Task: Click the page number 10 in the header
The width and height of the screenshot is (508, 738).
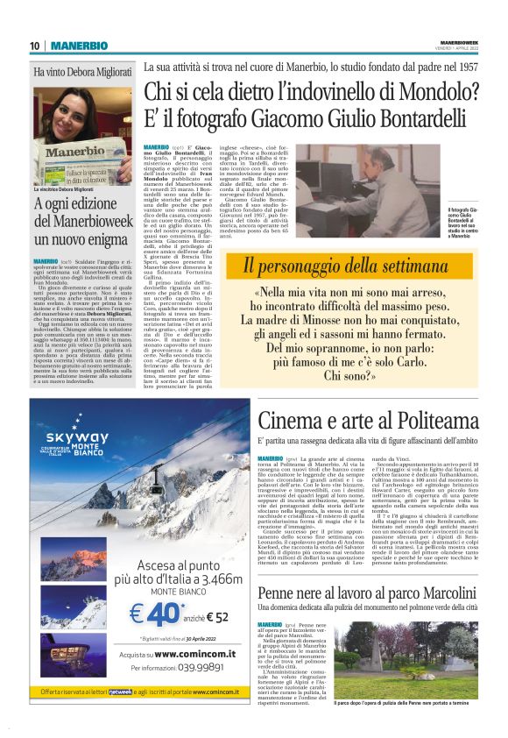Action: (x=35, y=46)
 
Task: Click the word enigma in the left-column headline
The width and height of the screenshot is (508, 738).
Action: (x=109, y=238)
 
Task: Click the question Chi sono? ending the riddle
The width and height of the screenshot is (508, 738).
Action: (x=349, y=375)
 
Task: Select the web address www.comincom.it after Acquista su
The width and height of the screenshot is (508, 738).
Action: (x=180, y=654)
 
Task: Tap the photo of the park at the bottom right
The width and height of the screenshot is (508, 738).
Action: (x=408, y=675)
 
